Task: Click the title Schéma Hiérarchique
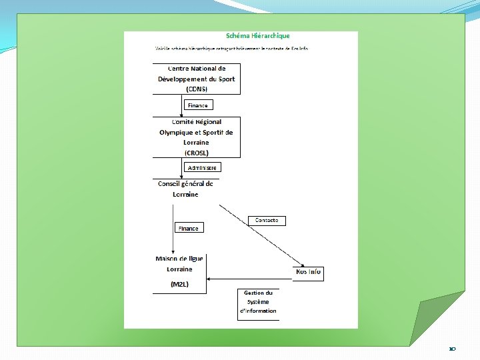[257, 36]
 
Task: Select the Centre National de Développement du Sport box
[196, 79]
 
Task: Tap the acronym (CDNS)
[197, 89]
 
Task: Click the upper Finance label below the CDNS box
[197, 105]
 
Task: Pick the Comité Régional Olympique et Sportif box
[196, 137]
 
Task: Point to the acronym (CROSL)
[197, 153]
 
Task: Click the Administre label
[202, 168]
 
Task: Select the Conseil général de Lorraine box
[185, 189]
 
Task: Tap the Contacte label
[267, 221]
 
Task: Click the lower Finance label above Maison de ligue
[188, 228]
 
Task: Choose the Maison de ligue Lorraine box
[180, 264]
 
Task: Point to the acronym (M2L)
[180, 285]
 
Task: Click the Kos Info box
[308, 272]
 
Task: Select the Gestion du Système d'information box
[259, 302]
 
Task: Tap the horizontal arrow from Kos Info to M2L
[250, 279]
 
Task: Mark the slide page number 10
[452, 349]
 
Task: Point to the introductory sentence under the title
[231, 49]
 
